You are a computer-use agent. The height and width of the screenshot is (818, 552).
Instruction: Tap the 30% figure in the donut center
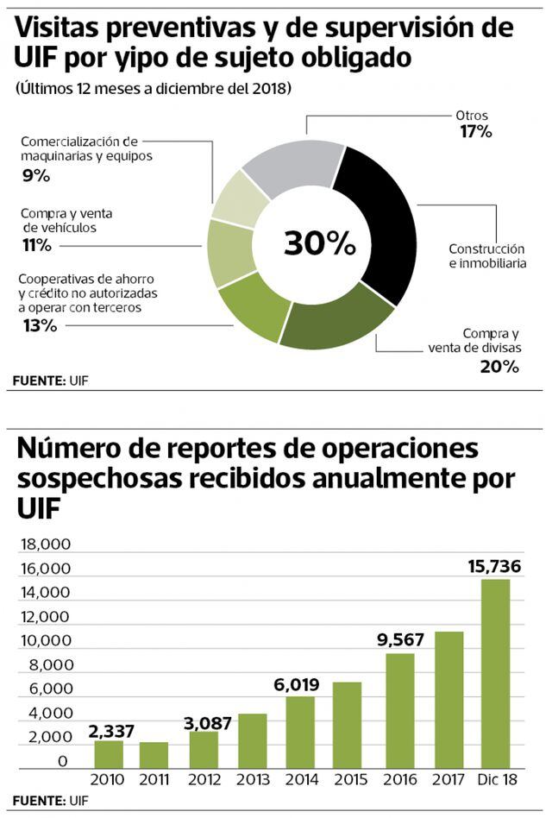319,243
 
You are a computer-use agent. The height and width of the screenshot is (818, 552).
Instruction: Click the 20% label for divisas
500,366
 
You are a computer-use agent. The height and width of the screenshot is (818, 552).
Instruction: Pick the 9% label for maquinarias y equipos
35,175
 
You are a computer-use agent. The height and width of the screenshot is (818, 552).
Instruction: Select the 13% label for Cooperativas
39,325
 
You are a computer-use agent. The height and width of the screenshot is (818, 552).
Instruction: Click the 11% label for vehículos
36,245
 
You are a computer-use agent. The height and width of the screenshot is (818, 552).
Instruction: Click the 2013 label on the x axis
252,781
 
